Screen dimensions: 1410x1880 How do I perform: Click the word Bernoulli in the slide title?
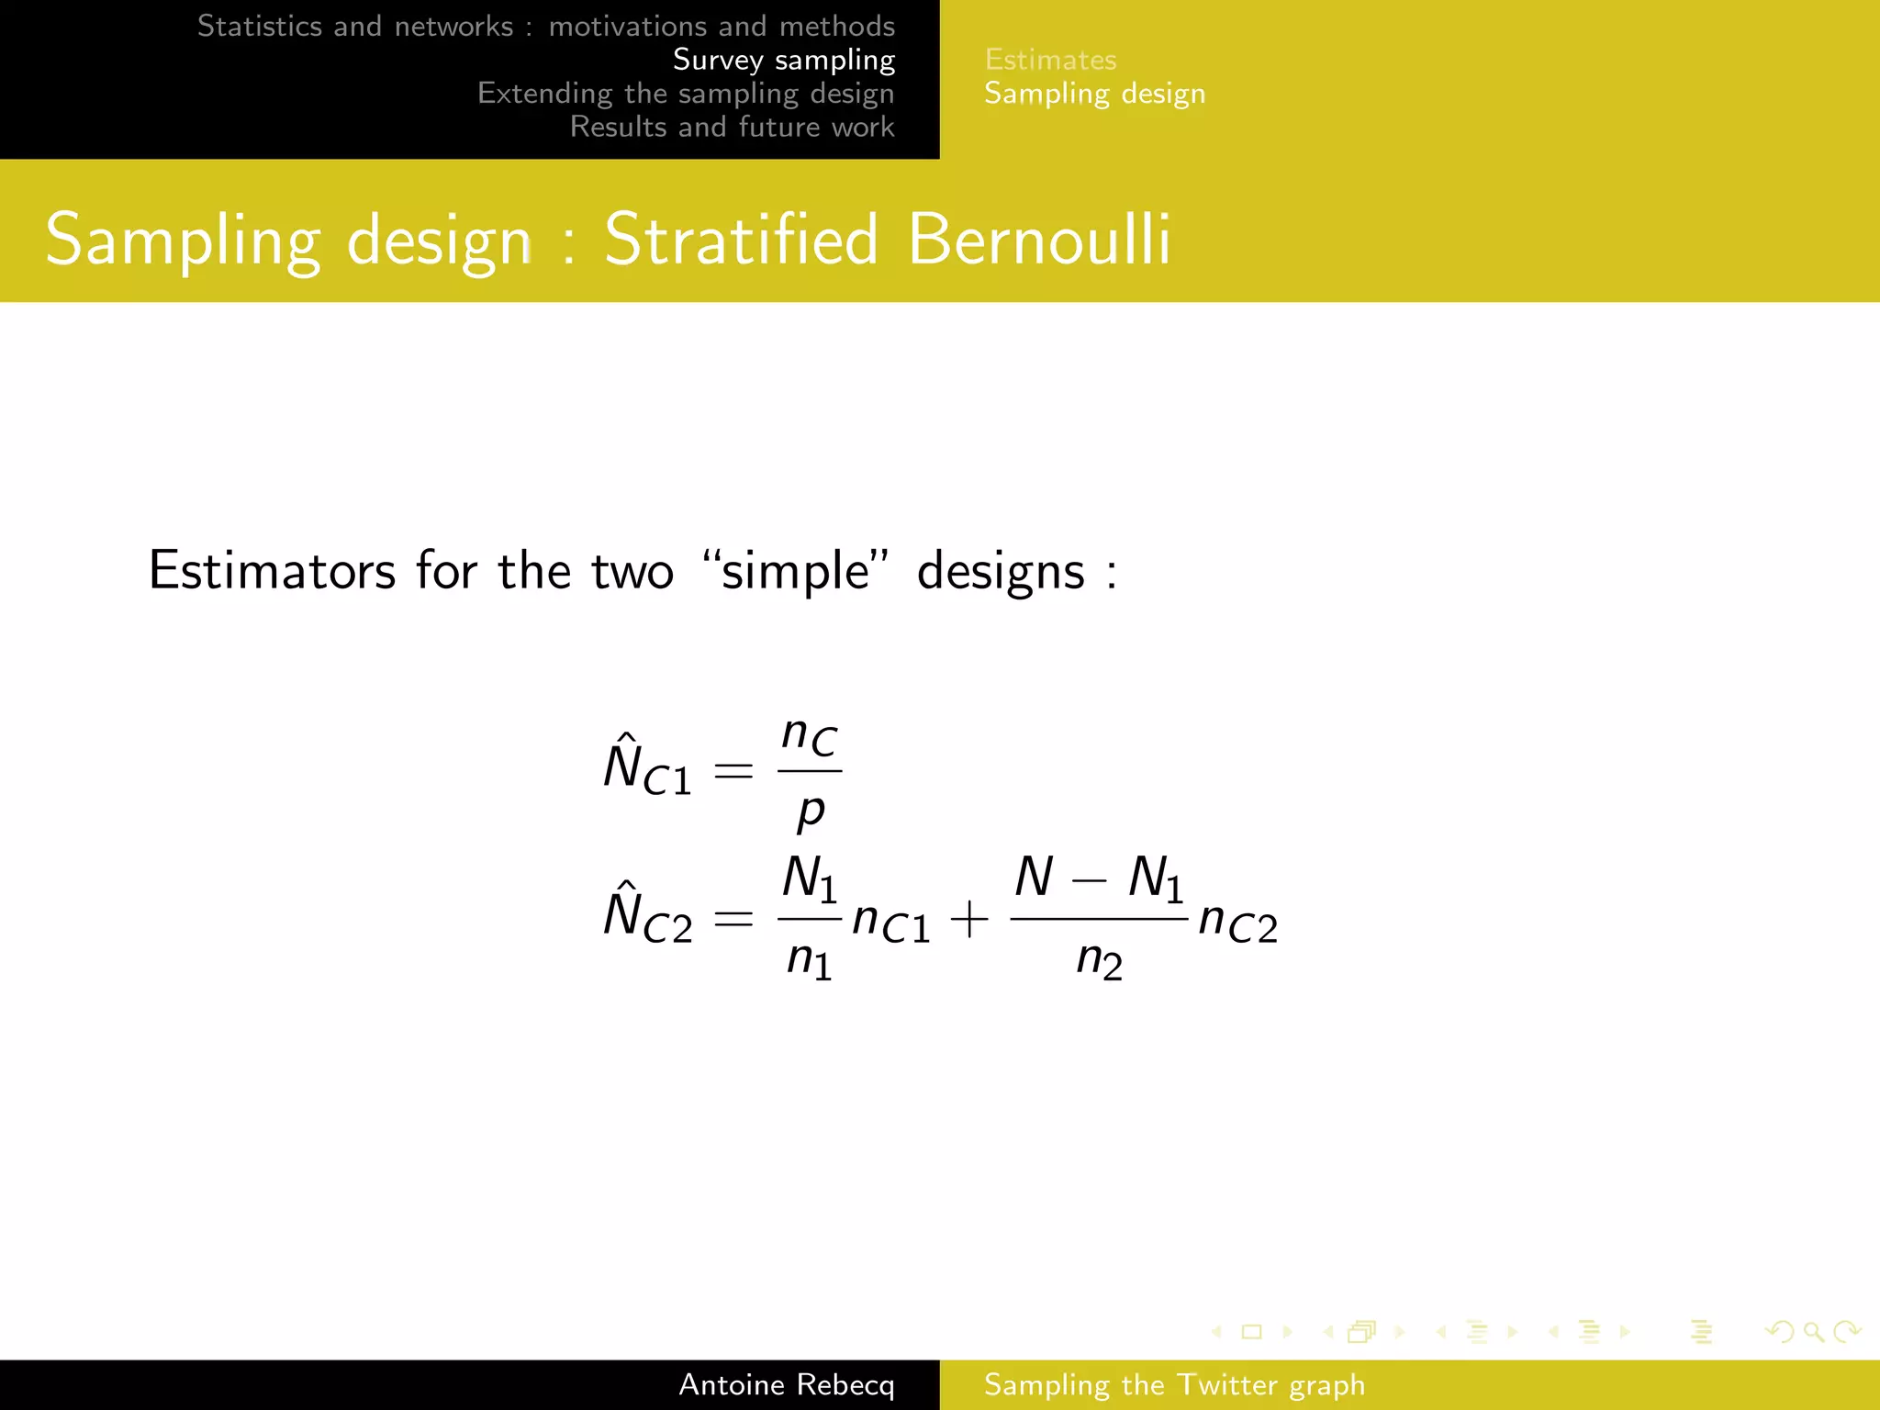(x=1038, y=239)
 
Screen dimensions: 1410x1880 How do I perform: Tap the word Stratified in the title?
(x=742, y=239)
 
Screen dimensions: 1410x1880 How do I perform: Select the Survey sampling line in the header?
(x=783, y=60)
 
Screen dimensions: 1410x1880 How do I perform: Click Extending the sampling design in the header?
(x=686, y=94)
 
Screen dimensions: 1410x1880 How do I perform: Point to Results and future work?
(x=732, y=127)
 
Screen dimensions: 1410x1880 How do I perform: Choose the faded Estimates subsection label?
(x=1050, y=60)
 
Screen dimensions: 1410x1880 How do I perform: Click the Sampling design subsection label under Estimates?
(x=1094, y=94)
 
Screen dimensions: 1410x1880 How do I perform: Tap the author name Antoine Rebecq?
(x=786, y=1384)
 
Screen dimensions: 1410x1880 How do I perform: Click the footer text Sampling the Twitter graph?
(x=1174, y=1384)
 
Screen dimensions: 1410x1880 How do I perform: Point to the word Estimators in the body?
(x=272, y=570)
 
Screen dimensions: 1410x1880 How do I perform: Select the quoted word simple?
(x=795, y=572)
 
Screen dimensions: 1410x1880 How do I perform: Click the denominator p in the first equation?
(x=811, y=810)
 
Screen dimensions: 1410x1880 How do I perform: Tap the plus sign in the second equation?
(x=969, y=919)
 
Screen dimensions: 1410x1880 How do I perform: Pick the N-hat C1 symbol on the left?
(x=646, y=766)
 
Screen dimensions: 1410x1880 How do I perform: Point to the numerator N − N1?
(x=1098, y=878)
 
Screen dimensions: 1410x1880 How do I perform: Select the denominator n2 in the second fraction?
(x=1098, y=960)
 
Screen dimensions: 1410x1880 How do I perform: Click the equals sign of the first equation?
(x=733, y=770)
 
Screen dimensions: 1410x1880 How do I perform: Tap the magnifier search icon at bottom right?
(x=1813, y=1331)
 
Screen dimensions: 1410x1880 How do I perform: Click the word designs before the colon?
(x=1001, y=572)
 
